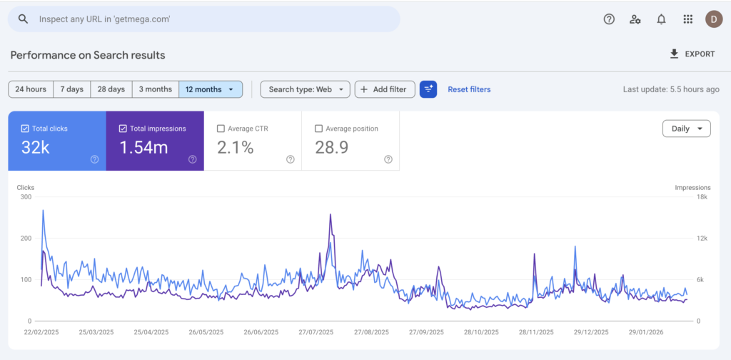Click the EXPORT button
pos(692,54)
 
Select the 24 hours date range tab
pos(31,89)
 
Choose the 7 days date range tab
pos(71,89)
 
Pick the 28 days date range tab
pos(111,89)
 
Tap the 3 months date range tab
pos(155,89)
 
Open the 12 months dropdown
pos(211,89)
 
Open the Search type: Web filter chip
pos(305,89)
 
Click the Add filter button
pos(384,89)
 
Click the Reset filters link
pos(469,89)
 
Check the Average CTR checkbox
pos(221,129)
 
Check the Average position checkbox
pos(318,129)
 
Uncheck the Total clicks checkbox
pos(25,129)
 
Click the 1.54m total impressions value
pos(144,148)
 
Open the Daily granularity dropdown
pos(686,129)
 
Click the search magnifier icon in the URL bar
pos(23,19)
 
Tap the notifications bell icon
pos(661,19)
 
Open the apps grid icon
pos(687,19)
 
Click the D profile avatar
pos(713,19)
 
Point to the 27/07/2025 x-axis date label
pos(316,332)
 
